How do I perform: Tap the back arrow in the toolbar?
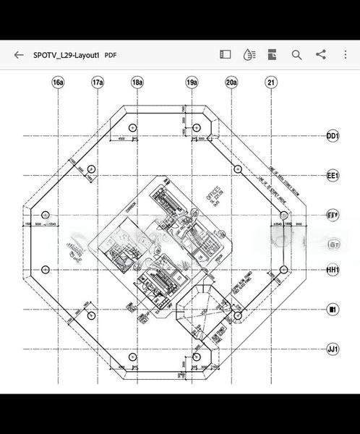(x=19, y=55)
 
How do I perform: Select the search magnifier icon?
(x=296, y=55)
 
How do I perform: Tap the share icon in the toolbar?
(x=321, y=55)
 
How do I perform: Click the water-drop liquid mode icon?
(x=249, y=55)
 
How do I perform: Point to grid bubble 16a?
(x=58, y=82)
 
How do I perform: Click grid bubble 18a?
(x=137, y=82)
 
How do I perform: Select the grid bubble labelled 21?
(x=271, y=82)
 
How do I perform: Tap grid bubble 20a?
(x=231, y=82)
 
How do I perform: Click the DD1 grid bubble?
(x=333, y=136)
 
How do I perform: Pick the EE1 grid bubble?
(x=333, y=176)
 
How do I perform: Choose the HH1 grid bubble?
(x=333, y=271)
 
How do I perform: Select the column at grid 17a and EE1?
(x=91, y=169)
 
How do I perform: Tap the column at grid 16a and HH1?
(x=46, y=270)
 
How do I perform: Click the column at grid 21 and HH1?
(x=283, y=270)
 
